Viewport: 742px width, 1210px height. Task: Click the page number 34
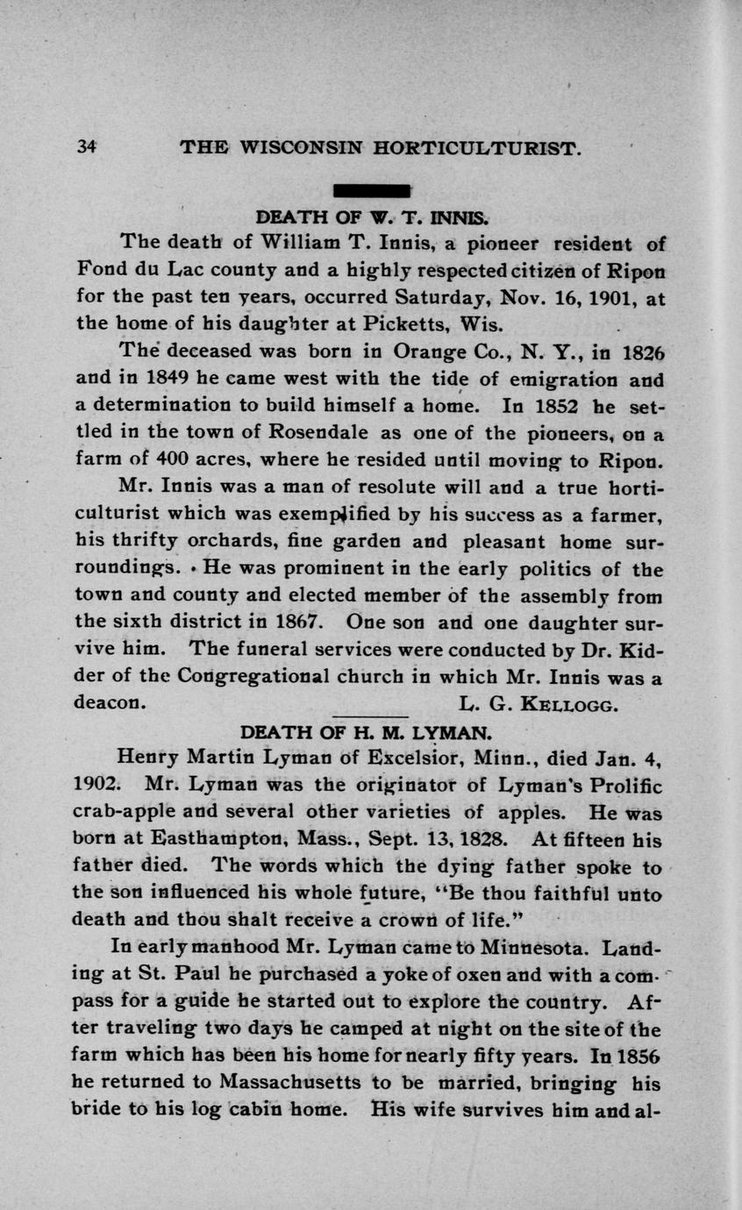86,147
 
